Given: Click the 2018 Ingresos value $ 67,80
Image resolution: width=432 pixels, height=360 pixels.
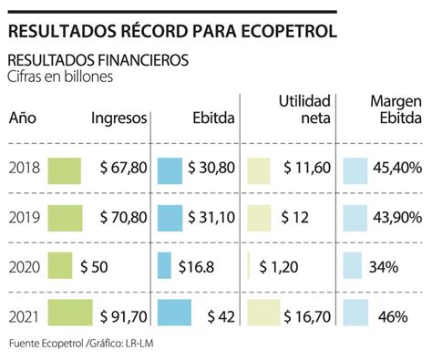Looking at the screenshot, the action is pos(124,168).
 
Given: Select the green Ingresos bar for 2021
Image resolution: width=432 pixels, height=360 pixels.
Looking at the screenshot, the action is pos(70,313).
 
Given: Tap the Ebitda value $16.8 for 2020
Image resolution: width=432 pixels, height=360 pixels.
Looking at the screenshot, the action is pos(196,267).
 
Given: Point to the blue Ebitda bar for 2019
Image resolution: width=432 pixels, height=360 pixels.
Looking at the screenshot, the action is pos(170,218).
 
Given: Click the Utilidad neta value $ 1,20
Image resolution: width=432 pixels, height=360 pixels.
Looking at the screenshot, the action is pos(279,267).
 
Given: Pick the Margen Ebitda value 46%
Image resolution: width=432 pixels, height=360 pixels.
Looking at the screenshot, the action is pos(393,317).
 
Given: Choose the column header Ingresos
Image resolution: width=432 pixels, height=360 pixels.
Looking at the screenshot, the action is pos(119,118).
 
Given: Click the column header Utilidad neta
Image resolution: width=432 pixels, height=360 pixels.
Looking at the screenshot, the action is pos(304,109).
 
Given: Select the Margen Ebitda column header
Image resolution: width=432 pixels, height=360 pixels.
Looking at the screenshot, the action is pos(396,109).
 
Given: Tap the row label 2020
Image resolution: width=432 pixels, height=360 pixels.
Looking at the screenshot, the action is pos(25,267).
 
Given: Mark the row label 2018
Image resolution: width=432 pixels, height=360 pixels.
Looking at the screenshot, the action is pos(25,168).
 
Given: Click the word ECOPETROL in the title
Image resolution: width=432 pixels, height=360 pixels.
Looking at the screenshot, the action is pos(289,31).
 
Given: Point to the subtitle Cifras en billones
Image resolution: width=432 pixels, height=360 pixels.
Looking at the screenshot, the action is pos(60,77).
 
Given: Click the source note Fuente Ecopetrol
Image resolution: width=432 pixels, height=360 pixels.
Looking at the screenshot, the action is pos(46,344).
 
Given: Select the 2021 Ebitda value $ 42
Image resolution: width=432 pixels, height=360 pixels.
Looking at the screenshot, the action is pos(221,317).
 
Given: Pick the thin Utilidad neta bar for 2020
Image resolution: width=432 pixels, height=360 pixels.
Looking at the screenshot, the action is pos(249,265).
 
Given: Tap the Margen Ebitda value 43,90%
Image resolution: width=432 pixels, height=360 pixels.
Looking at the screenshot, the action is pos(397,218).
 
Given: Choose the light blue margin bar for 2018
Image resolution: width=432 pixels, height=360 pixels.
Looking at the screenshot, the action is pos(355,170).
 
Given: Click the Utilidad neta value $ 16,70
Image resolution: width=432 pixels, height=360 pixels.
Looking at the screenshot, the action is pos(307,317).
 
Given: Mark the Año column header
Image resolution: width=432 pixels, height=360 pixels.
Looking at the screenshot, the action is pos(23,118).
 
